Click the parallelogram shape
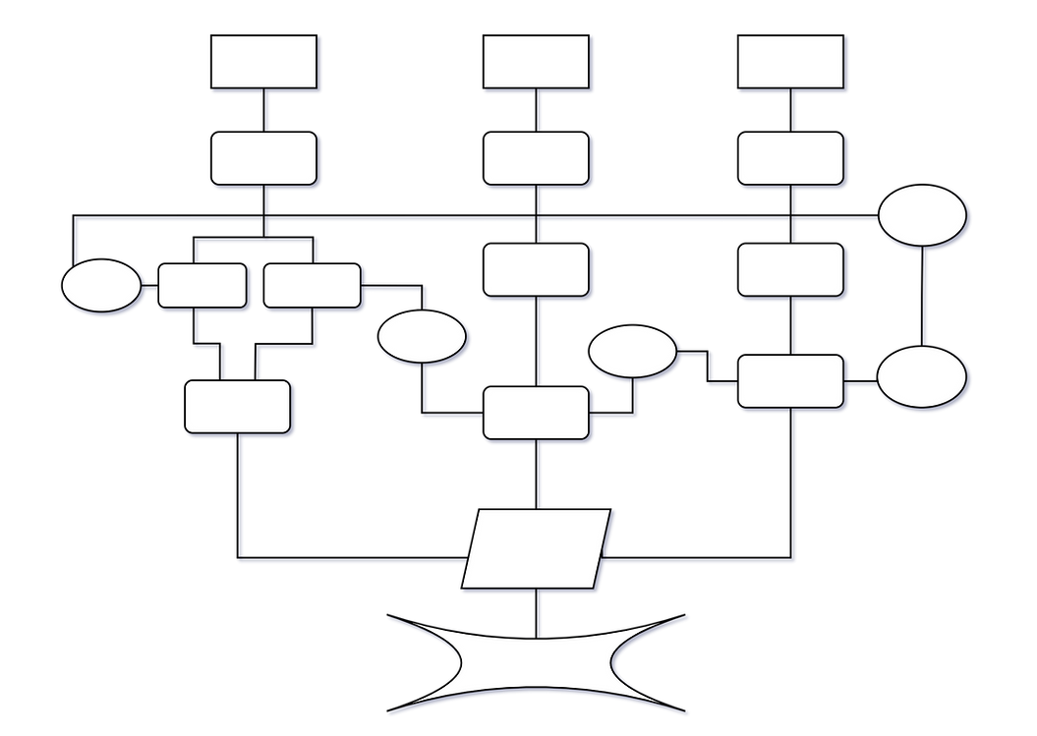pyautogui.click(x=537, y=549)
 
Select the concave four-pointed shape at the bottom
pyautogui.click(x=538, y=663)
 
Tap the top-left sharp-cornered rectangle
pyautogui.click(x=263, y=62)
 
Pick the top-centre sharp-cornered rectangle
pyautogui.click(x=536, y=62)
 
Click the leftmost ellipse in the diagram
pyautogui.click(x=100, y=286)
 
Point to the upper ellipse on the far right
pyautogui.click(x=921, y=215)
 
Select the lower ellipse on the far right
pyautogui.click(x=921, y=378)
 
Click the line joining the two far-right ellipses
pyautogui.click(x=924, y=296)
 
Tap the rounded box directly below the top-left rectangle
pyautogui.click(x=263, y=158)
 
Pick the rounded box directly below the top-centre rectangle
pyautogui.click(x=536, y=158)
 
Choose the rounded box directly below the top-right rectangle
pyautogui.click(x=790, y=158)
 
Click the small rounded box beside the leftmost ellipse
pyautogui.click(x=202, y=285)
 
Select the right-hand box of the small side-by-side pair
pyautogui.click(x=312, y=285)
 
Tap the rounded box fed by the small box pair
pyautogui.click(x=238, y=407)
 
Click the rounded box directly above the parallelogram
pyautogui.click(x=536, y=413)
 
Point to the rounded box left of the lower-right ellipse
pyautogui.click(x=790, y=381)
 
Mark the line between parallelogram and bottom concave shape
pyautogui.click(x=539, y=608)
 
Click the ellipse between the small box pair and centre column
pyautogui.click(x=422, y=337)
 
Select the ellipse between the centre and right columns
pyautogui.click(x=633, y=352)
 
